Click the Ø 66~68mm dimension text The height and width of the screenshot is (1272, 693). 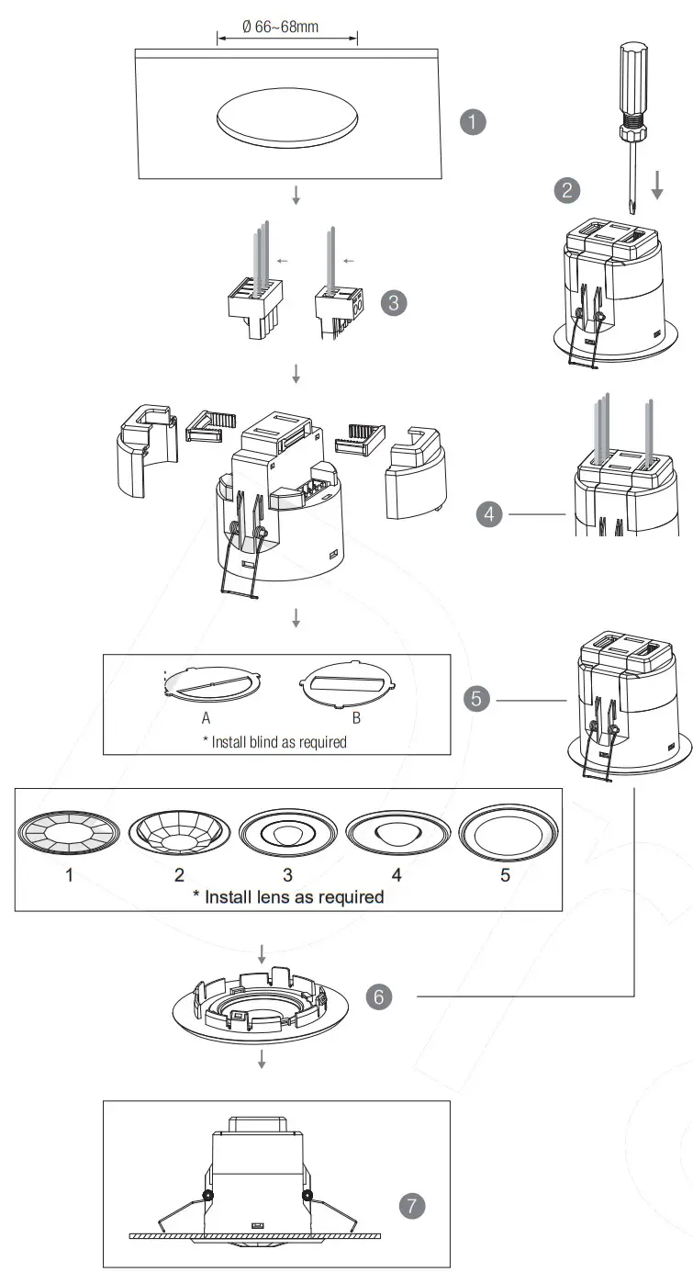[280, 27]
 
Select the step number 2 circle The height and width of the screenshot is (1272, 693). [567, 190]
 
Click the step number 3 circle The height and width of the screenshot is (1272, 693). [393, 303]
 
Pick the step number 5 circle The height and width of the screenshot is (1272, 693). [476, 700]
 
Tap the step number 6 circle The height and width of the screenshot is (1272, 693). [379, 996]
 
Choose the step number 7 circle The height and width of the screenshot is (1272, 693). [413, 1206]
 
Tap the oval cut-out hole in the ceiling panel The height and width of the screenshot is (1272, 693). [287, 119]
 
